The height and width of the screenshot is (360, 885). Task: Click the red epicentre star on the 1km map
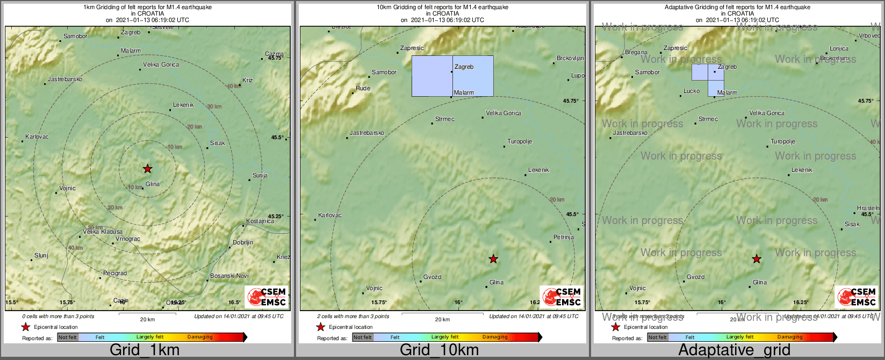click(148, 169)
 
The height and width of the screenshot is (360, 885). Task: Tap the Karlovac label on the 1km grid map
click(37, 136)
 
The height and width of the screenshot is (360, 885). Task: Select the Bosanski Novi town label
click(229, 276)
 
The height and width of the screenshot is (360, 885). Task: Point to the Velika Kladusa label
click(103, 232)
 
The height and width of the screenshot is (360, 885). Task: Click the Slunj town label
click(41, 255)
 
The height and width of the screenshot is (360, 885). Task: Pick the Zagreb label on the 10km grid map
click(464, 67)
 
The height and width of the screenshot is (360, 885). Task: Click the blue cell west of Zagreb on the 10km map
click(432, 76)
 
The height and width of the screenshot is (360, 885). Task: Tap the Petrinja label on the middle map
click(564, 237)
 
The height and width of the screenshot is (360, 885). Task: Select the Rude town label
click(363, 88)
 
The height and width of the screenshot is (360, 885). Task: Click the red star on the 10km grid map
click(493, 259)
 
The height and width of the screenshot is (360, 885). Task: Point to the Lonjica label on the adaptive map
click(839, 48)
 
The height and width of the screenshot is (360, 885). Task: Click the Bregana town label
click(636, 53)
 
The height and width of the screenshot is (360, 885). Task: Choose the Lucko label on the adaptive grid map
click(692, 91)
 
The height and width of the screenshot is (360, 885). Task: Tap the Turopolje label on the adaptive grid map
click(783, 142)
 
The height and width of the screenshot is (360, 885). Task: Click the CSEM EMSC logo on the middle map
click(561, 297)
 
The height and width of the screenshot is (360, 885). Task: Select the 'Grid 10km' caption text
click(439, 350)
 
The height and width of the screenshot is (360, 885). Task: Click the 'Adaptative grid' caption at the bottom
click(734, 350)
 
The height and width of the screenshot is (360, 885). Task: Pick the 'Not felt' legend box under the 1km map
click(68, 337)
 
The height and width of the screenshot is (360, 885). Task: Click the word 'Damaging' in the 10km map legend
click(495, 337)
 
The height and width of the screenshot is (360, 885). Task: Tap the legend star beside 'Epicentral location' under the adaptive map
click(616, 327)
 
